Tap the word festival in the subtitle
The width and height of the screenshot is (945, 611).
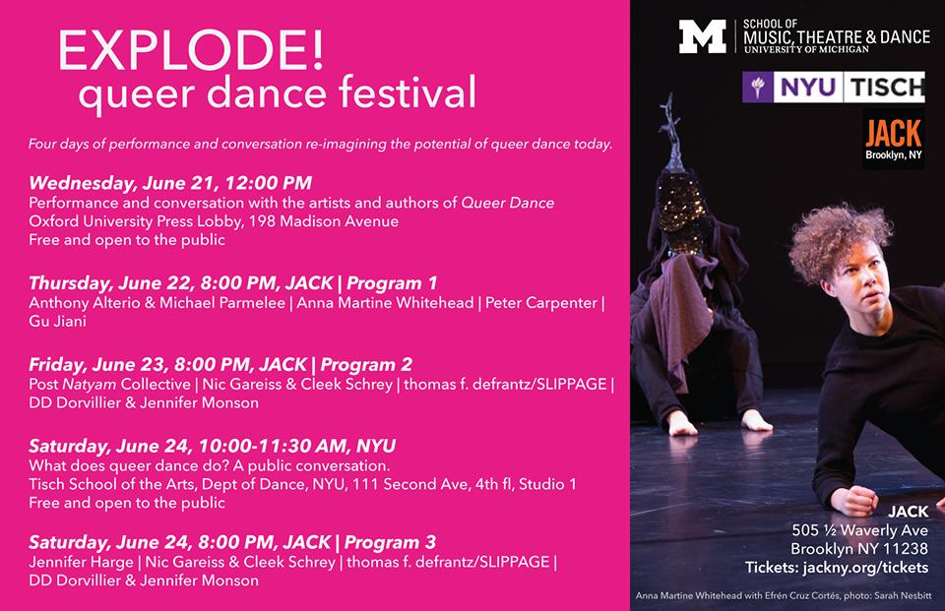[407, 92]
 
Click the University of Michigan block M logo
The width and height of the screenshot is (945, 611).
[702, 36]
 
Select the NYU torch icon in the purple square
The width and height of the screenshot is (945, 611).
[758, 87]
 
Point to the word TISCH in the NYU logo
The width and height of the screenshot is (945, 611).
[885, 88]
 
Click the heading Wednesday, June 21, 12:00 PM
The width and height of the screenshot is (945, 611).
[170, 183]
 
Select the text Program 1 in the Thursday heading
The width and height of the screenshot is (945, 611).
[392, 282]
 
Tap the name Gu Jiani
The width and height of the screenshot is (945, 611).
[58, 321]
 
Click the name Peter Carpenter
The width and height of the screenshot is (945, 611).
[541, 302]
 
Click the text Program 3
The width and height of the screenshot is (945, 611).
[390, 542]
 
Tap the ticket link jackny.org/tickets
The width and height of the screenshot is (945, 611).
[865, 568]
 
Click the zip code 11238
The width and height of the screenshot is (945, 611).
[906, 549]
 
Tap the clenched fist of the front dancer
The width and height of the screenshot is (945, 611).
[854, 500]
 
